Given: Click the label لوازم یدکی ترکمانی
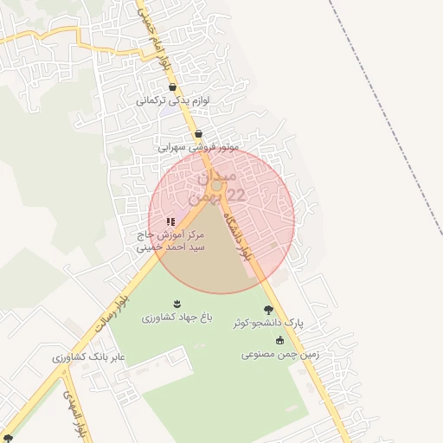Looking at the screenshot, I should point(172,101).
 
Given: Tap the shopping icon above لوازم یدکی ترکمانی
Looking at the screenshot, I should point(173,87).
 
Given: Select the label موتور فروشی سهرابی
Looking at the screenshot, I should point(197,147).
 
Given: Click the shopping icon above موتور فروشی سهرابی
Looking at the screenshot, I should point(199,133).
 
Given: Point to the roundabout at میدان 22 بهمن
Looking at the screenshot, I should point(216,185).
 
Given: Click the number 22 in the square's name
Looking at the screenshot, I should point(234,196).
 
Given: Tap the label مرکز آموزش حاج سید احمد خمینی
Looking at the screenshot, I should point(170,241).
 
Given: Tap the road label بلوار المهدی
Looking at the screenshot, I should point(73,413).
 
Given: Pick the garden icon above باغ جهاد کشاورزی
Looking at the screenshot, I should point(177,303).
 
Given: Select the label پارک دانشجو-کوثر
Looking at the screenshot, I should point(268,323).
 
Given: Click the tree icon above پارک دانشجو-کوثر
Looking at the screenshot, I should point(269,309).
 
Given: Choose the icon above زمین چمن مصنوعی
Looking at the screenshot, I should point(279,339).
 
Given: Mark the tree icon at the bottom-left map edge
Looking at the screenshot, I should point(7,437).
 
